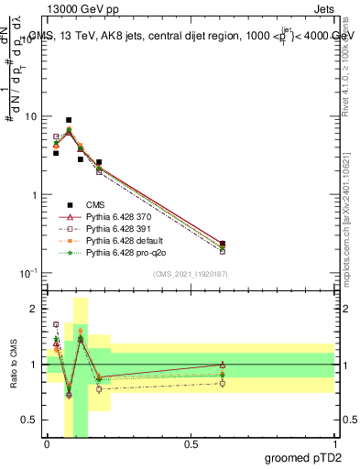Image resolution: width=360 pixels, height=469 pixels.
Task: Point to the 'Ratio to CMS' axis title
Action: click(x=12, y=365)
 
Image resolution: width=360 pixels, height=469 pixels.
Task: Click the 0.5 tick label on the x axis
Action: click(x=191, y=443)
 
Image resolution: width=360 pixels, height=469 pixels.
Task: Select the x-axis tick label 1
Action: click(x=335, y=443)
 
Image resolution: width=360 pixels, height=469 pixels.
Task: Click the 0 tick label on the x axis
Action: click(x=47, y=443)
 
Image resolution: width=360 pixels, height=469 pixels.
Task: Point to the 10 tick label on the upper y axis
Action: click(x=30, y=117)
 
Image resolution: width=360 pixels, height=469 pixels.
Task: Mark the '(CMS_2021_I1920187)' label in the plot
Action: click(x=190, y=274)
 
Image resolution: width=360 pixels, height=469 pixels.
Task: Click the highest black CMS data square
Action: click(x=69, y=120)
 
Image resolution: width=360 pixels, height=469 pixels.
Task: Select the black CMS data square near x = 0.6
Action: click(x=223, y=244)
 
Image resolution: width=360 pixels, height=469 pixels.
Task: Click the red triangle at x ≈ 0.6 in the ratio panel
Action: click(x=223, y=365)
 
